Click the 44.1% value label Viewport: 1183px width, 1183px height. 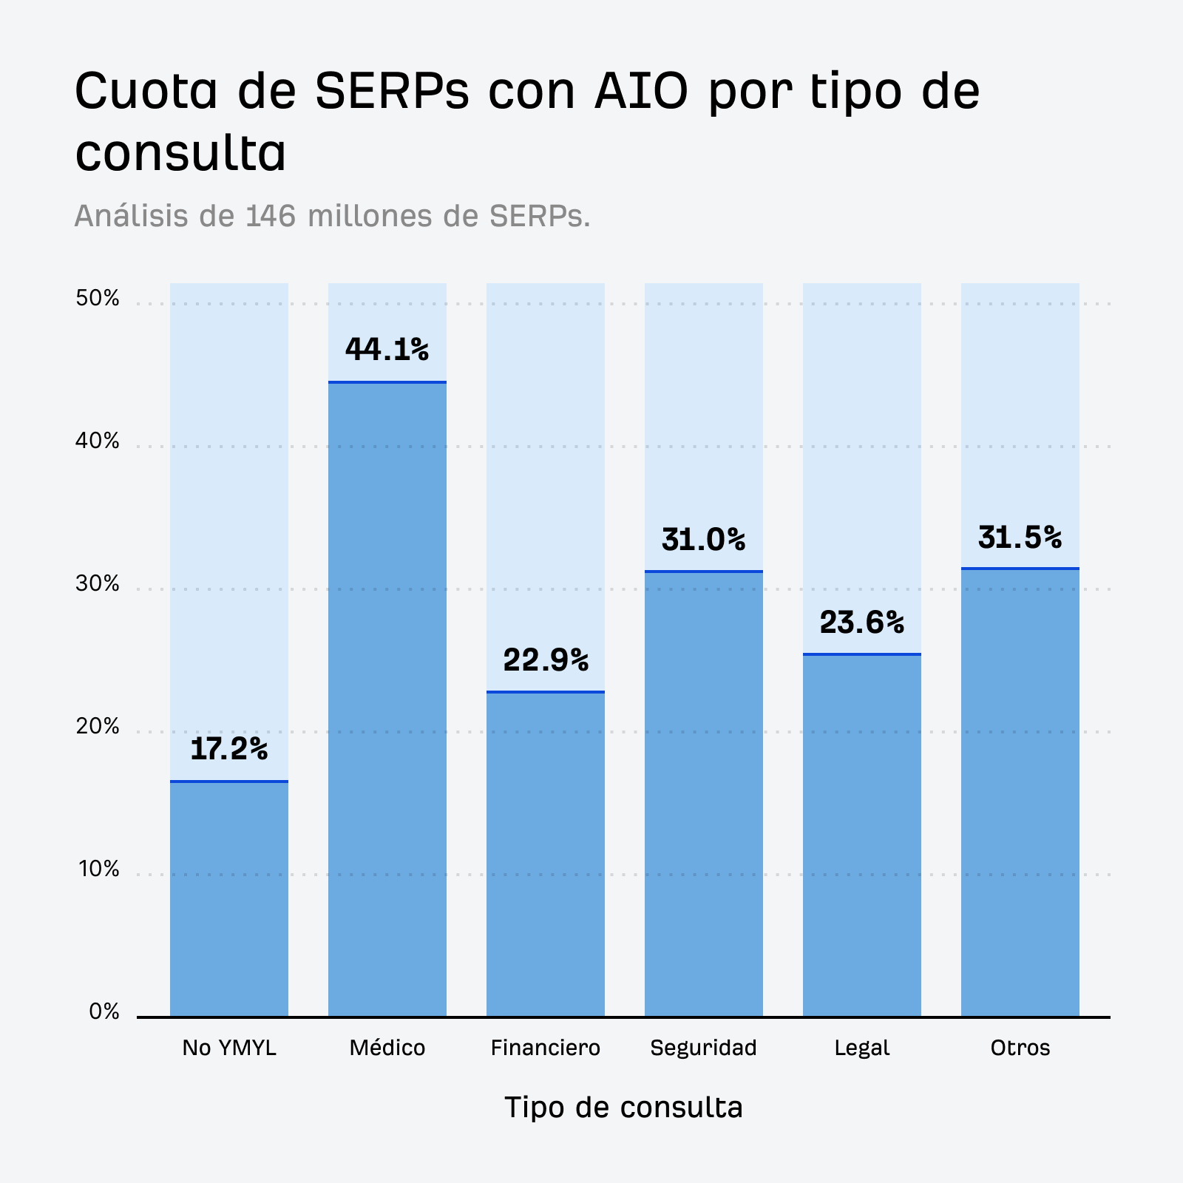387,350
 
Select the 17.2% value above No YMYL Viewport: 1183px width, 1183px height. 228,749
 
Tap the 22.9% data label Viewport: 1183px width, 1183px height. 546,660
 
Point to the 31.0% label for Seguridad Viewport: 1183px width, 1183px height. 703,540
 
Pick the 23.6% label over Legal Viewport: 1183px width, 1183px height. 861,623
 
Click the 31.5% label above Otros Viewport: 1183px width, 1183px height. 1020,538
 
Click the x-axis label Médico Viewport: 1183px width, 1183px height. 387,1048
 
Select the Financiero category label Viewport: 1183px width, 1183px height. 546,1048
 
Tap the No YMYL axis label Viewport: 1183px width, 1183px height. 228,1048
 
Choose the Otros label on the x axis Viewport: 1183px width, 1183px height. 1020,1048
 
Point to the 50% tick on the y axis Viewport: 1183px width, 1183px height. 97,299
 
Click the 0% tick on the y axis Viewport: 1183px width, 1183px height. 104,1011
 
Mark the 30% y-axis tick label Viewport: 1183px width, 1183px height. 97,584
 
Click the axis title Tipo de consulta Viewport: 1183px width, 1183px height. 623,1108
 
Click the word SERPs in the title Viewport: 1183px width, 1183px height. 392,92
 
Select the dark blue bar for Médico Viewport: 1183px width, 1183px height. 387,702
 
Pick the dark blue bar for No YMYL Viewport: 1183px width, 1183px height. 228,898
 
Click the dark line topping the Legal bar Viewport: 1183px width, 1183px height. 861,654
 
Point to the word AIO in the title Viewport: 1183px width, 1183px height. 641,92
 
